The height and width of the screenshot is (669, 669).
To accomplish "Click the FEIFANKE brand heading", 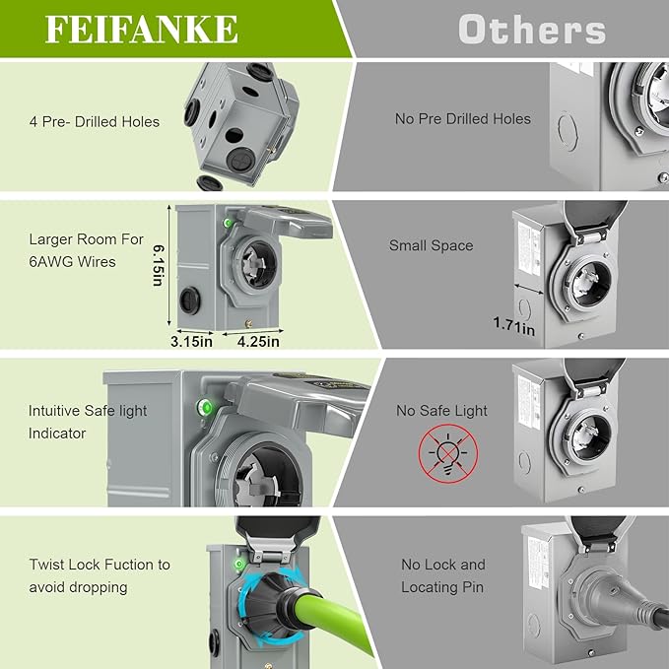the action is (141, 30).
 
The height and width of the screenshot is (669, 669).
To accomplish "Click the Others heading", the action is (532, 30).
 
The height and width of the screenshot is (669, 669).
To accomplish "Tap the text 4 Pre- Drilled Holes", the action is (95, 122).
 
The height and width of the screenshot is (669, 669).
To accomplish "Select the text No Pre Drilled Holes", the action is (463, 118).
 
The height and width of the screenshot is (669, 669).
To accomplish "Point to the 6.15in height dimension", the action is (159, 265).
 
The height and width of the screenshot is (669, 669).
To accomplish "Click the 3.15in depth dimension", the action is (191, 341).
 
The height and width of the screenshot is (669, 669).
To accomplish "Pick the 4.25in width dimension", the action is (258, 341).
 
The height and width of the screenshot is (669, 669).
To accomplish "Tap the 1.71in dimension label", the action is (513, 326).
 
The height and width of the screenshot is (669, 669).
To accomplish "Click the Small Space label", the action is (431, 245).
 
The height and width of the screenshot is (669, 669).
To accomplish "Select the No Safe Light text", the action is (441, 411).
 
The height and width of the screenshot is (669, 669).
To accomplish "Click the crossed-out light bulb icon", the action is (448, 453).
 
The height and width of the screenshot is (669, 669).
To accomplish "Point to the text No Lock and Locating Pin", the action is (442, 576).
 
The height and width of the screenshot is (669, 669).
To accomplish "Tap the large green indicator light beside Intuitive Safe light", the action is (205, 408).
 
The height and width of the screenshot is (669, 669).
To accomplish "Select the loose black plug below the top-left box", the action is (210, 182).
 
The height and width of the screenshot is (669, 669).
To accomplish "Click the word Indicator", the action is (57, 434).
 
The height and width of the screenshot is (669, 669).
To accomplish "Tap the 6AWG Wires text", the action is (72, 261).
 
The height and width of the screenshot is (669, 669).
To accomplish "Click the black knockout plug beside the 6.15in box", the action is (190, 301).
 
